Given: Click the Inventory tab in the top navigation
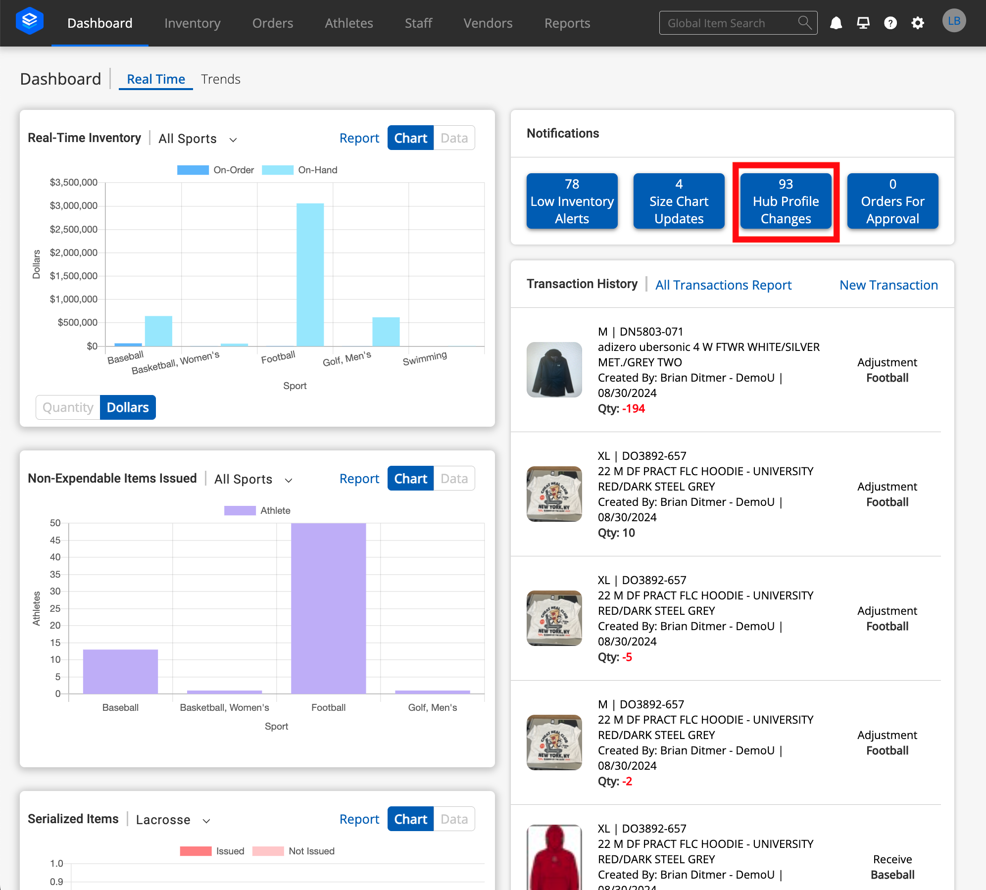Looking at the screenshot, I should [x=192, y=23].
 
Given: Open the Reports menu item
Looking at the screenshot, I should [x=567, y=23].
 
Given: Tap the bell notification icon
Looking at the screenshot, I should [x=836, y=23].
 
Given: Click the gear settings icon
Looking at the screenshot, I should [x=917, y=23].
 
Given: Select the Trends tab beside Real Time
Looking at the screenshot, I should [x=220, y=79].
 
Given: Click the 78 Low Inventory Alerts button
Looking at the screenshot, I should [x=572, y=201].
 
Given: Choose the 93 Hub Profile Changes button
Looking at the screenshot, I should [x=786, y=201].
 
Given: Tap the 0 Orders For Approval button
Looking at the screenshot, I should [x=892, y=201].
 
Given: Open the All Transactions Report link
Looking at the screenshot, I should [x=723, y=285].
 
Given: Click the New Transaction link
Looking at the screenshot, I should [x=888, y=285].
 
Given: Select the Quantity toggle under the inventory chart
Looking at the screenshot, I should [x=68, y=407].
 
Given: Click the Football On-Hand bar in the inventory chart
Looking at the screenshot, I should [x=310, y=275].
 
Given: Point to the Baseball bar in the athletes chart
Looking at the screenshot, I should [x=120, y=671].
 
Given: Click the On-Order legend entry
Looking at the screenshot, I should [x=216, y=170].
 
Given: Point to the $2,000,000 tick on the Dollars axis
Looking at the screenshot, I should [x=74, y=252].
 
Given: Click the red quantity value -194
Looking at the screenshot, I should [x=634, y=408].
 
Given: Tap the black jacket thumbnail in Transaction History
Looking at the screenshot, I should [x=554, y=369].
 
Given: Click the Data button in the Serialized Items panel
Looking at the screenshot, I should [x=454, y=819].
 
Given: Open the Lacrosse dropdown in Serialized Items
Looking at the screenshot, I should [x=173, y=820].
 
